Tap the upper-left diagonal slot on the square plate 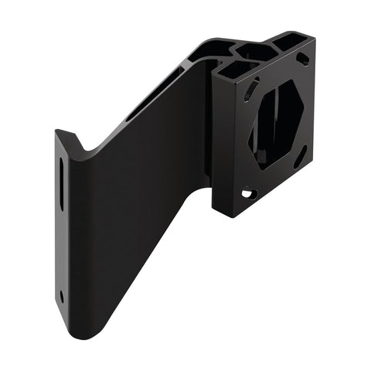248,92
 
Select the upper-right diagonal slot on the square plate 303,59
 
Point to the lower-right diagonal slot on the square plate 301,158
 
